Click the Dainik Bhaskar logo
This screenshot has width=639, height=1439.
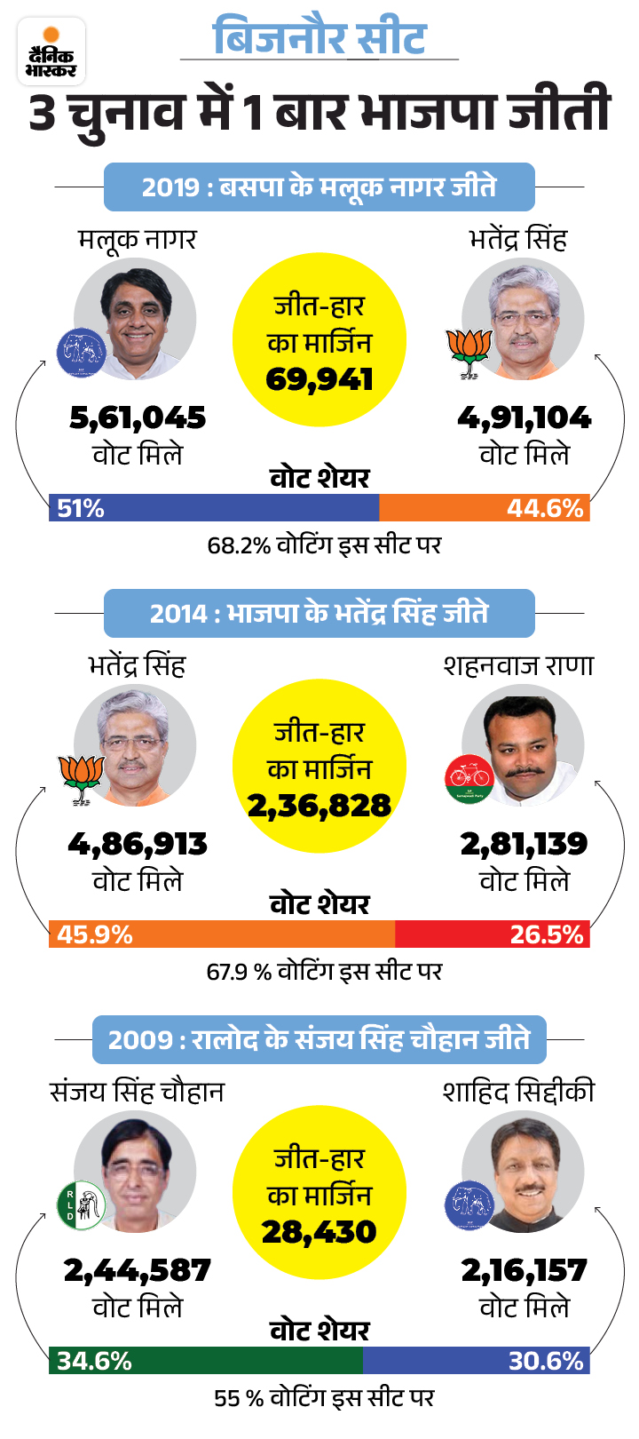pyautogui.click(x=51, y=52)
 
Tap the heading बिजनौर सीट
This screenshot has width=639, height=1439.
pyautogui.click(x=319, y=38)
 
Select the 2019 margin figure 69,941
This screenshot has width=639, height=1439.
pyautogui.click(x=319, y=380)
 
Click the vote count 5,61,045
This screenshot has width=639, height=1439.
pyautogui.click(x=138, y=417)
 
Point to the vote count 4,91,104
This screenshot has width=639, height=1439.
pyautogui.click(x=524, y=417)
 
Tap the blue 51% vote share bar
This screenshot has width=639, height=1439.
pyautogui.click(x=214, y=508)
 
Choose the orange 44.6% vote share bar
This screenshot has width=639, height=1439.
pyautogui.click(x=484, y=508)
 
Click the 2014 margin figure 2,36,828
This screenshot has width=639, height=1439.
pyautogui.click(x=319, y=806)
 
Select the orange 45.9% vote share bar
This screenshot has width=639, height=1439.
pyautogui.click(x=222, y=934)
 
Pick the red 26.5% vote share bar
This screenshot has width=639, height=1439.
pyautogui.click(x=492, y=934)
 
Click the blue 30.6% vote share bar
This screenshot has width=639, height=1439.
pyautogui.click(x=476, y=1360)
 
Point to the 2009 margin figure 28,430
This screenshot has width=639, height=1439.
pyautogui.click(x=319, y=1232)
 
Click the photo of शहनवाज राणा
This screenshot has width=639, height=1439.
pyautogui.click(x=524, y=746)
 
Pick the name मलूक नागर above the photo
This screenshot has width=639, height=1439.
pyautogui.click(x=137, y=240)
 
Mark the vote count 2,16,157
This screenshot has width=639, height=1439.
pyautogui.click(x=524, y=1270)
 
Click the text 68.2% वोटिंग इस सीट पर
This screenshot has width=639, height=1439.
pyautogui.click(x=324, y=545)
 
